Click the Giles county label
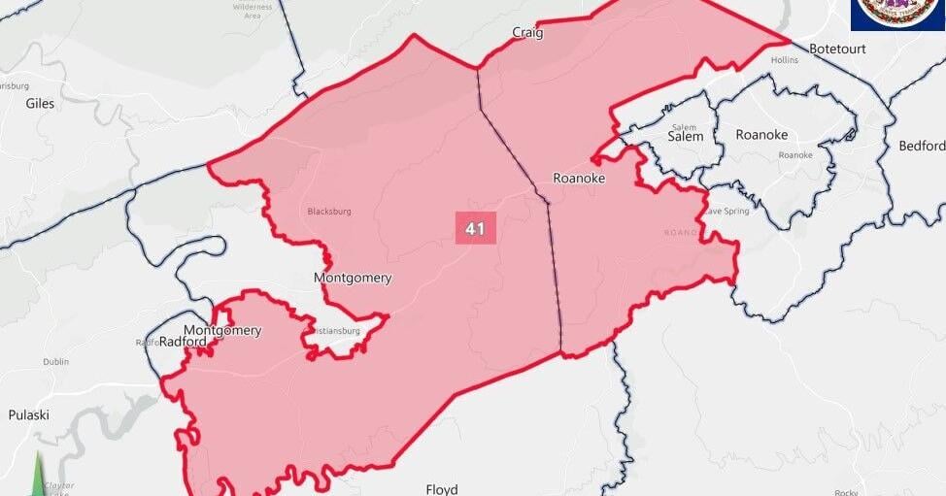pyautogui.click(x=41, y=103)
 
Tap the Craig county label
pyautogui.click(x=527, y=33)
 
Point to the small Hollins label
pyautogui.click(x=784, y=60)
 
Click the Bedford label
pyautogui.click(x=921, y=147)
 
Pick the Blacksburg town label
pyautogui.click(x=329, y=211)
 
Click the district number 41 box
pyautogui.click(x=475, y=228)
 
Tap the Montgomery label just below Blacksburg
pyautogui.click(x=353, y=279)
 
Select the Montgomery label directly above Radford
pyautogui.click(x=222, y=330)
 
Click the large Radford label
pyautogui.click(x=183, y=342)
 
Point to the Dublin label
pyautogui.click(x=55, y=362)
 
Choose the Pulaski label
pyautogui.click(x=28, y=415)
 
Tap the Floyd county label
pyautogui.click(x=441, y=489)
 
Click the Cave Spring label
pyautogui.click(x=726, y=211)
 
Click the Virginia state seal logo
pyautogui.click(x=897, y=14)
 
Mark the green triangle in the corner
pyautogui.click(x=38, y=476)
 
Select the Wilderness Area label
pyautogui.click(x=253, y=11)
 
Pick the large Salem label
pyautogui.click(x=684, y=137)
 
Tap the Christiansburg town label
pyautogui.click(x=334, y=331)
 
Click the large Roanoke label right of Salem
pyautogui.click(x=761, y=135)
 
